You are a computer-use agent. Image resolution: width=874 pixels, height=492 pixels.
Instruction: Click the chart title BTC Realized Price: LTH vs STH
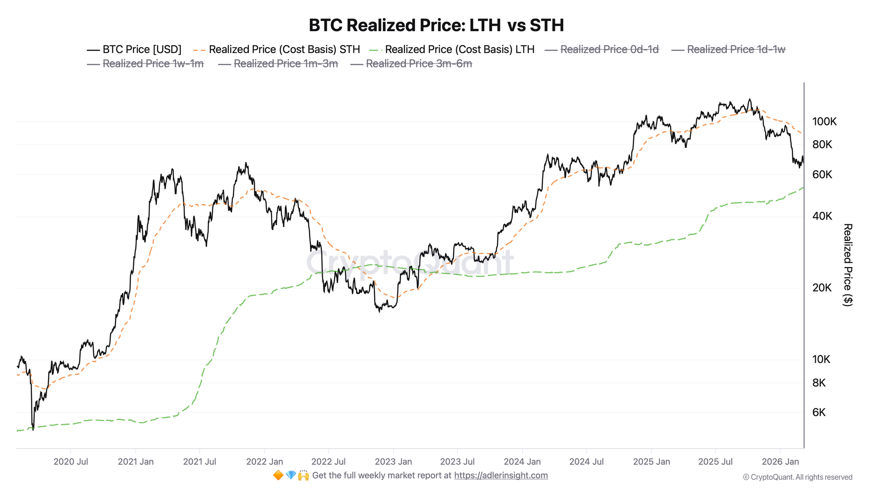[436, 25]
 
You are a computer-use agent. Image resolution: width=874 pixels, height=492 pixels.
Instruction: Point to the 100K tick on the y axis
[824, 122]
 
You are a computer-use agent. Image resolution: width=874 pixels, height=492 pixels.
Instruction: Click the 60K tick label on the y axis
[822, 175]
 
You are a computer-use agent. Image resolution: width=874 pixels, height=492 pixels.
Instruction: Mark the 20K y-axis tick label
[822, 288]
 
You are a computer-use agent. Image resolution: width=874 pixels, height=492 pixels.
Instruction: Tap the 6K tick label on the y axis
[819, 412]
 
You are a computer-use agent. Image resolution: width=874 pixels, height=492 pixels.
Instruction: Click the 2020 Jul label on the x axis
[71, 461]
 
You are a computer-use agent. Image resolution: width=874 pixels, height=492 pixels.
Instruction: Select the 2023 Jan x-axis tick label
[393, 461]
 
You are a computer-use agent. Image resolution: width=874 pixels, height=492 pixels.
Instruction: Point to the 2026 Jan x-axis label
[780, 461]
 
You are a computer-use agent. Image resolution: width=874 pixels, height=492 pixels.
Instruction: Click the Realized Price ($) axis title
[847, 265]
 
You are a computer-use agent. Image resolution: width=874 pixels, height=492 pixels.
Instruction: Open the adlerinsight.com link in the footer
[501, 475]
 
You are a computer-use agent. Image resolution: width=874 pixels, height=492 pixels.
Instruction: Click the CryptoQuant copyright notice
[798, 477]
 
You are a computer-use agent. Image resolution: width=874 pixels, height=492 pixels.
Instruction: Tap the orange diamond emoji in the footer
[278, 475]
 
